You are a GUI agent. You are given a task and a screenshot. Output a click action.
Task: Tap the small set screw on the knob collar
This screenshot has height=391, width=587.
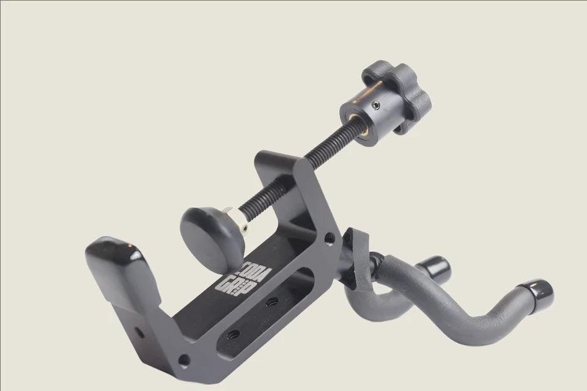pos(377,106)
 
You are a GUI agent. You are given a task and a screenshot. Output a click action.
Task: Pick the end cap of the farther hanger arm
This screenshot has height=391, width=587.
pos(435,268)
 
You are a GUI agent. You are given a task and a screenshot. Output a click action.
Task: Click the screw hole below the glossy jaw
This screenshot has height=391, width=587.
pos(140,333)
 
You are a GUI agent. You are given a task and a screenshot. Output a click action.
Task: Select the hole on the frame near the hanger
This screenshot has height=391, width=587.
pos(330,235)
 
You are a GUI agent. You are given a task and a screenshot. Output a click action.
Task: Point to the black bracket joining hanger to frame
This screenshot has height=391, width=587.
pos(352,257)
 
